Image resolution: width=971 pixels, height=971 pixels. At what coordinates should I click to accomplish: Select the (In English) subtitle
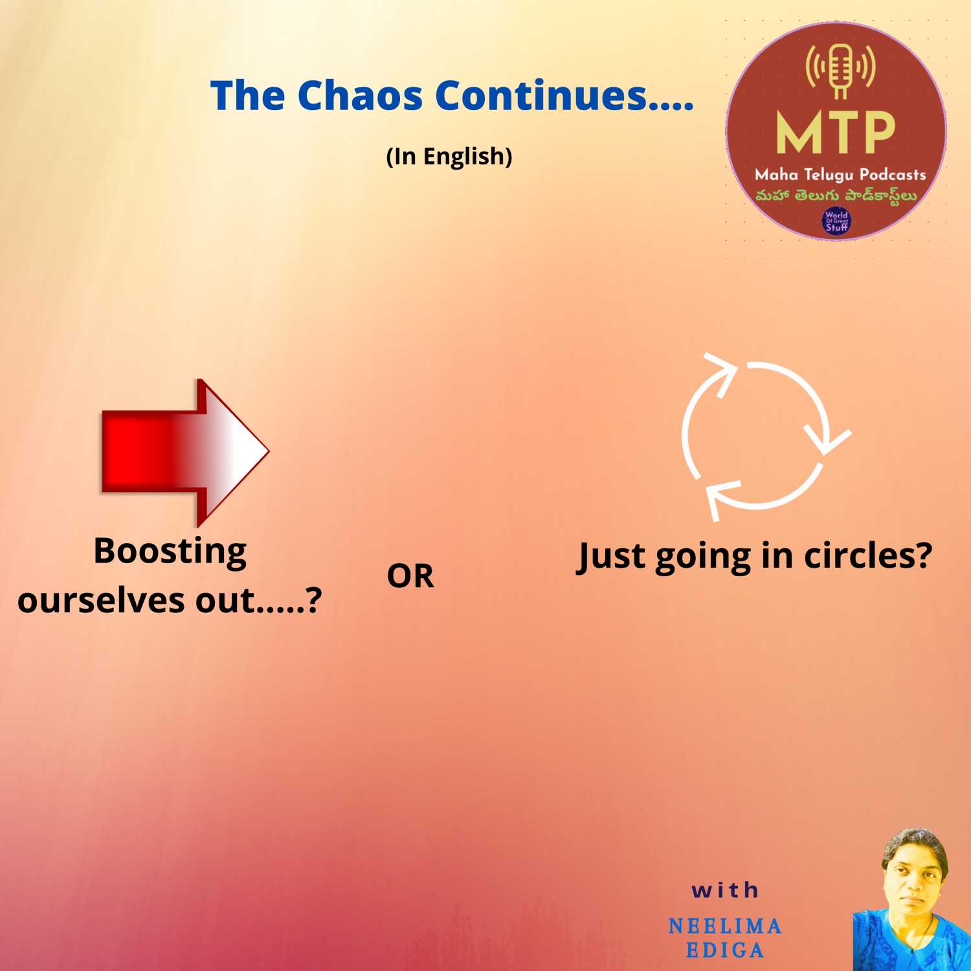(449, 157)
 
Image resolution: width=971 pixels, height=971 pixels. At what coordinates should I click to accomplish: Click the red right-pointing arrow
(185, 452)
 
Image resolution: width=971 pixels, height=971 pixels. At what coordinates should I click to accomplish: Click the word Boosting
(170, 552)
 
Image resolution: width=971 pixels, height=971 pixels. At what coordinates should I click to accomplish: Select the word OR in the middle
(410, 576)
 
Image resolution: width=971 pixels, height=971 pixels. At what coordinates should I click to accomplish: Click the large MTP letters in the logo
(836, 132)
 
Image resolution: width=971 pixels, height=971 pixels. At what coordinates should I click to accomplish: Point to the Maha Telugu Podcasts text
(840, 175)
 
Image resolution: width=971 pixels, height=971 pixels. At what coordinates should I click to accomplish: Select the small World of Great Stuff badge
(836, 221)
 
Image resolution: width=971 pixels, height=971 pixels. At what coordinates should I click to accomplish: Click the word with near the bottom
(725, 890)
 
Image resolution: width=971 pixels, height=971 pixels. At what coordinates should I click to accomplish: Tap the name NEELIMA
(725, 926)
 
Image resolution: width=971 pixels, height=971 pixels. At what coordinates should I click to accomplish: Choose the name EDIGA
(725, 950)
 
